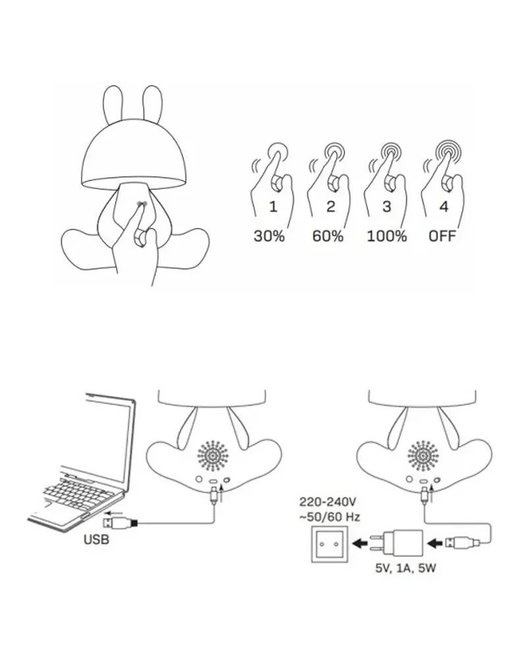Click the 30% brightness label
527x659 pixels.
point(269,236)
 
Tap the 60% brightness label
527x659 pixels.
point(328,236)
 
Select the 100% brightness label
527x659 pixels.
point(387,236)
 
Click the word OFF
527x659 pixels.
point(442,236)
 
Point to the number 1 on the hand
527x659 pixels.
point(273,206)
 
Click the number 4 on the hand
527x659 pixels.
point(444,206)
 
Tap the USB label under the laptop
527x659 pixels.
point(96,539)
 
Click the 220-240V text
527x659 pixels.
point(328,501)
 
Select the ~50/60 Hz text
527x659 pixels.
point(329,517)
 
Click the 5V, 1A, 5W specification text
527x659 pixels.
point(406,568)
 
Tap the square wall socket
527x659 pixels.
point(329,544)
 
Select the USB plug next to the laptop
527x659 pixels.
point(120,523)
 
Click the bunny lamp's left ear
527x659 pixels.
point(113,105)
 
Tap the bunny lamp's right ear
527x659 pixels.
point(152,105)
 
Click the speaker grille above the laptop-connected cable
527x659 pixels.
point(213,455)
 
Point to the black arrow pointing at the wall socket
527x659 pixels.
point(360,544)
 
